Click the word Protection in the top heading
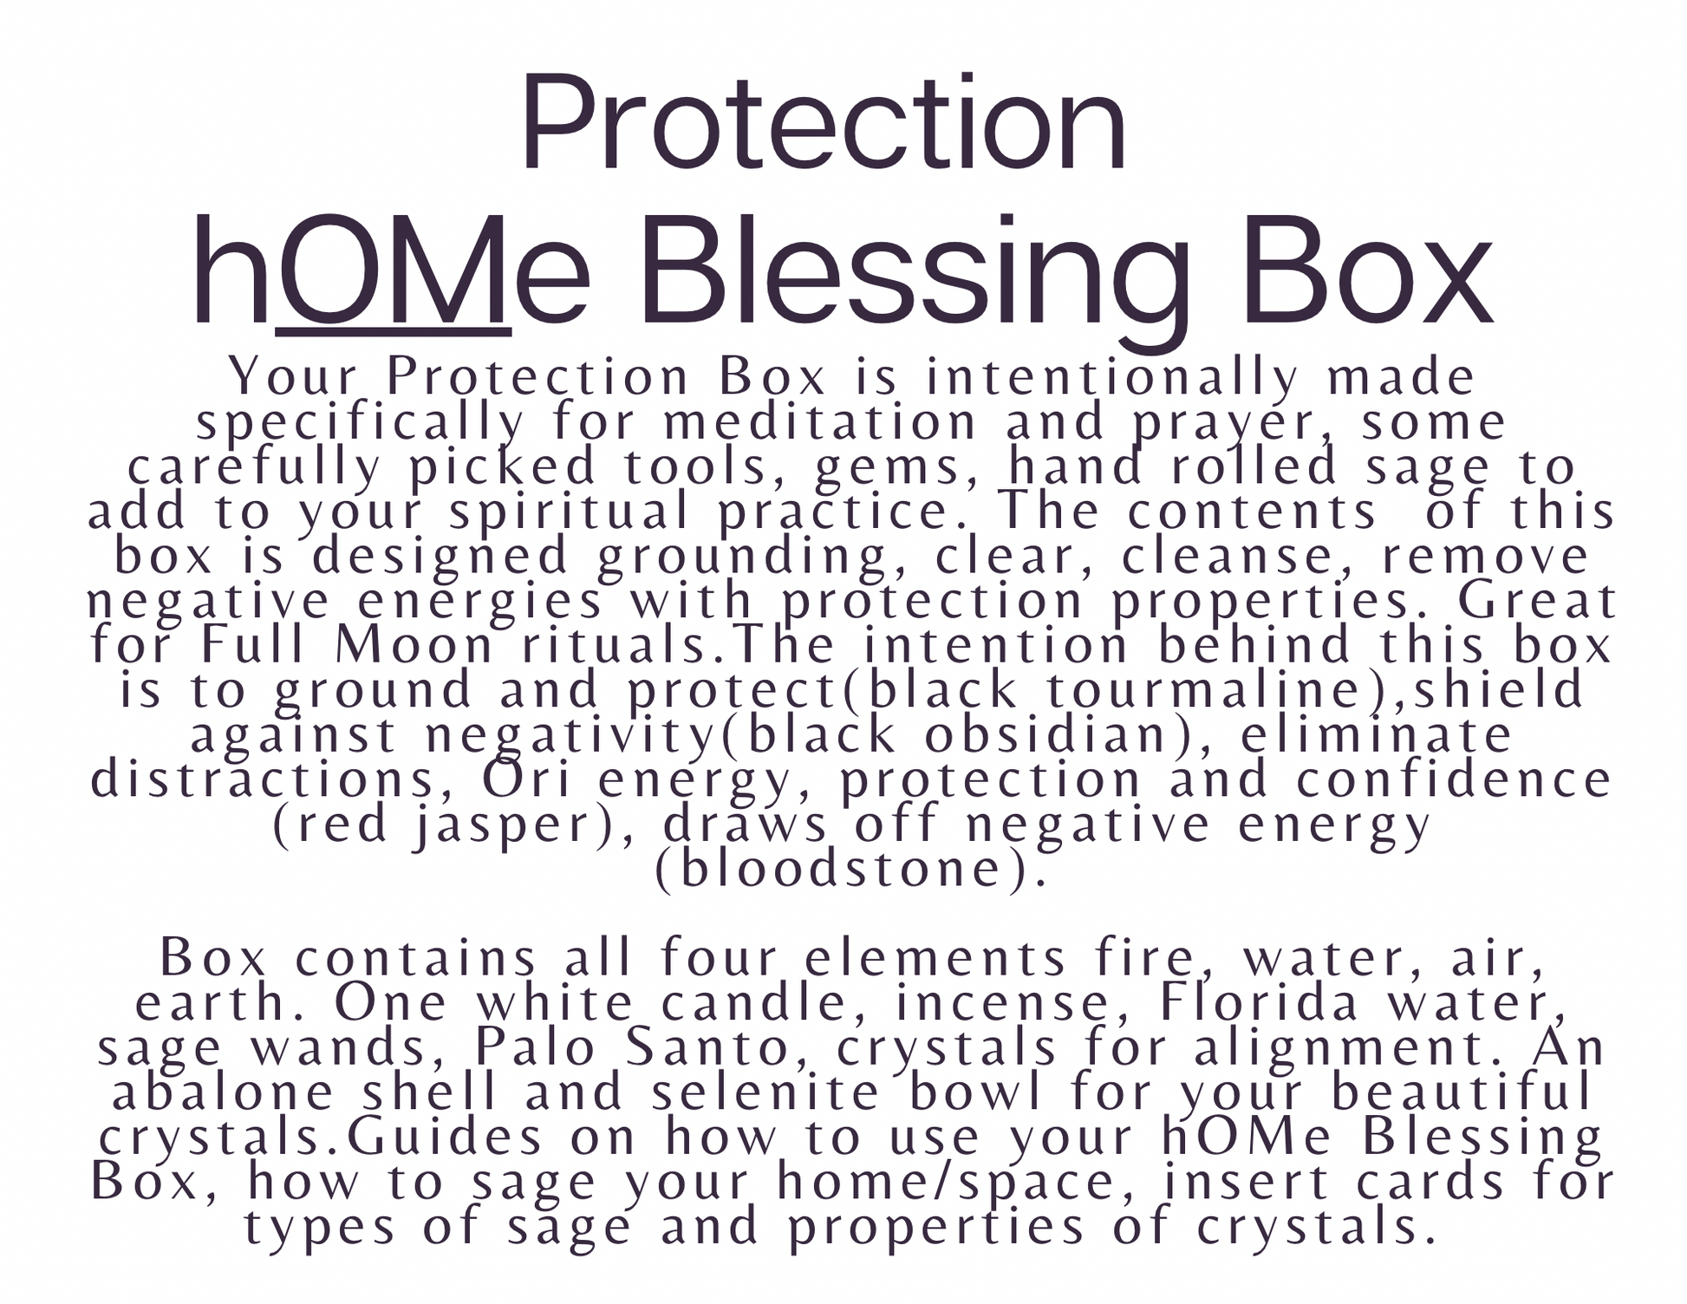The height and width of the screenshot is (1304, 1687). pyautogui.click(x=823, y=123)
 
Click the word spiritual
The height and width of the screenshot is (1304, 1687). pyautogui.click(x=570, y=512)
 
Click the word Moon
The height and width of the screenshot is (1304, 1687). pyautogui.click(x=414, y=646)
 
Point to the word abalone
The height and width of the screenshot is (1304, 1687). pyautogui.click(x=223, y=1093)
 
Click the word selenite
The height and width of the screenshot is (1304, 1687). pyautogui.click(x=765, y=1093)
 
